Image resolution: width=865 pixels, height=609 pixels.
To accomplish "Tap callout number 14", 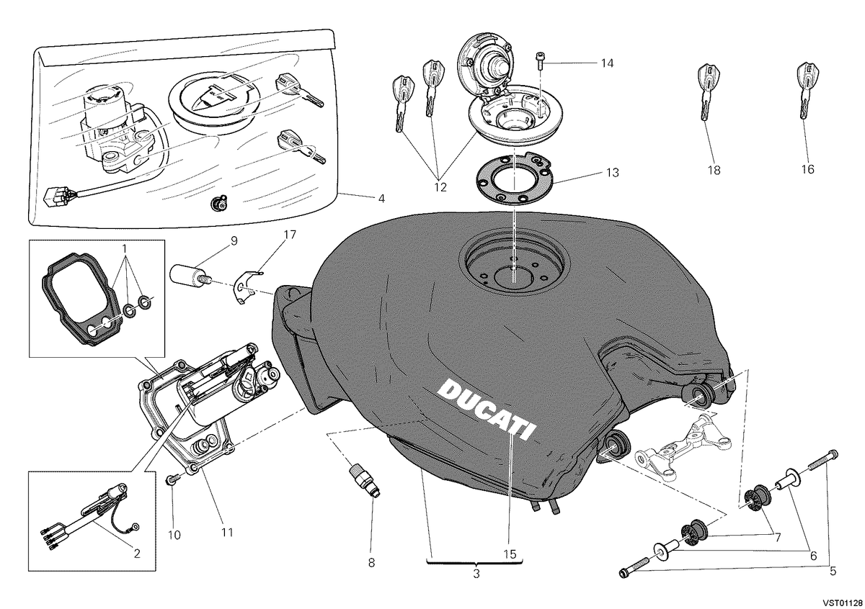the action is click(607, 63).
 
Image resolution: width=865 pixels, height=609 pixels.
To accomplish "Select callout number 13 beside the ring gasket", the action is click(613, 172).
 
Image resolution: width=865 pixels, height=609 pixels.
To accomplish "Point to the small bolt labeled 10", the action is click(172, 481).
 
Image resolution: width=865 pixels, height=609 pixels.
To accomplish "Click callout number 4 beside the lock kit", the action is click(381, 199).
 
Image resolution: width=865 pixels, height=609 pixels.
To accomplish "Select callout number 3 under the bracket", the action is click(476, 574).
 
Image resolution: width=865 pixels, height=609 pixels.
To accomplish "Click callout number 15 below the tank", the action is click(510, 554).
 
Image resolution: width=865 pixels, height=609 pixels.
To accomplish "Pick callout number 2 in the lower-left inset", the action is click(137, 554).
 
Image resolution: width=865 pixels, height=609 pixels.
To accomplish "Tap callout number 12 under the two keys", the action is click(440, 187).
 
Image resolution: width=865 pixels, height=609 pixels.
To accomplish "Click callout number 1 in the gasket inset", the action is click(124, 250).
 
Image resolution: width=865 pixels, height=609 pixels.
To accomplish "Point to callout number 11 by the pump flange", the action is click(227, 532).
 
